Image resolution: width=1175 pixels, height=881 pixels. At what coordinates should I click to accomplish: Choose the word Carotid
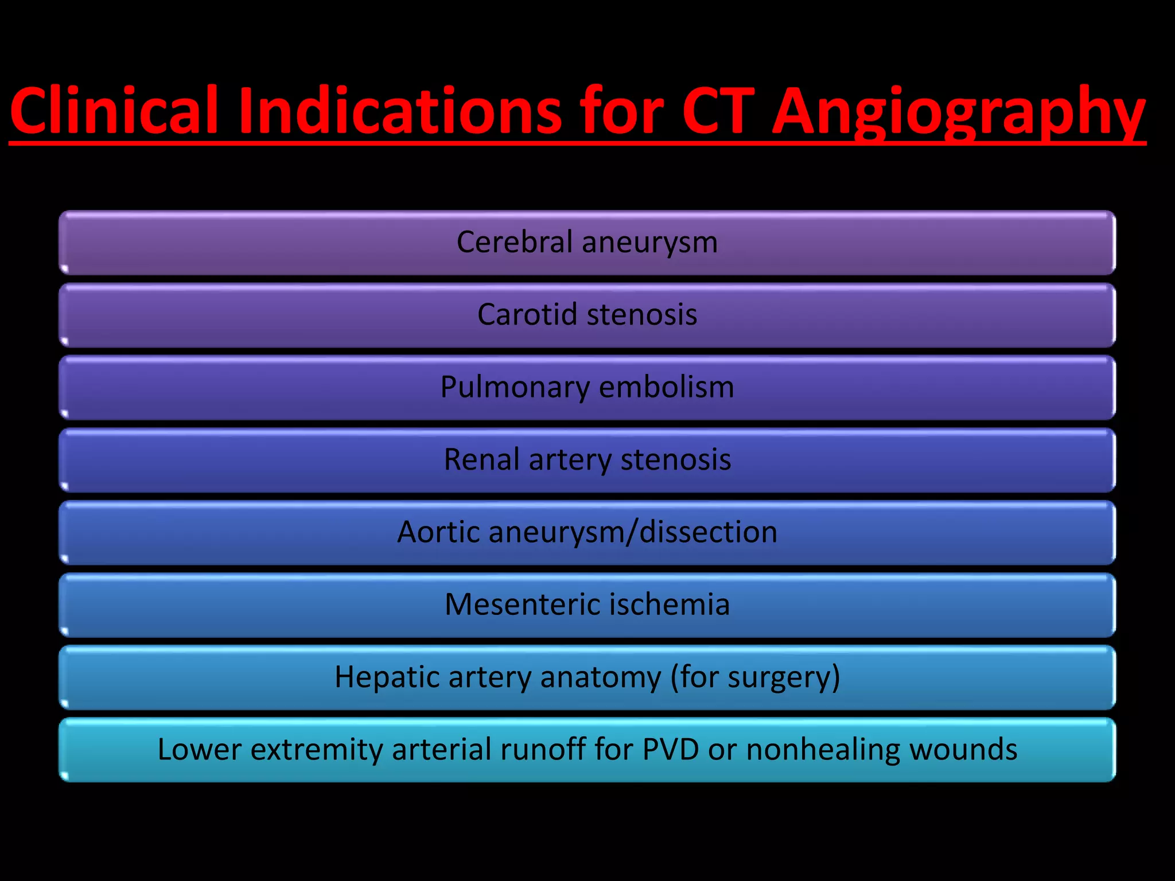527,314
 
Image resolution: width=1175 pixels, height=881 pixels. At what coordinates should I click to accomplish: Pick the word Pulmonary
515,388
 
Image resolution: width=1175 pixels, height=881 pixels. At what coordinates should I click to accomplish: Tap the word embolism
667,387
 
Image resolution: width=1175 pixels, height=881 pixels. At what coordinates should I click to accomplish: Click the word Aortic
438,532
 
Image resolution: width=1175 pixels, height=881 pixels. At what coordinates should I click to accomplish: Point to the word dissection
709,532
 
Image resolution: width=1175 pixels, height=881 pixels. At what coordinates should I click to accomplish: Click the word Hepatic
387,677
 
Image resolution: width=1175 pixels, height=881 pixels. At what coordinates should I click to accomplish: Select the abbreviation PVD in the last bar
671,749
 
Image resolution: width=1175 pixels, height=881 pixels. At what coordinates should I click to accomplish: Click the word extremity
317,750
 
